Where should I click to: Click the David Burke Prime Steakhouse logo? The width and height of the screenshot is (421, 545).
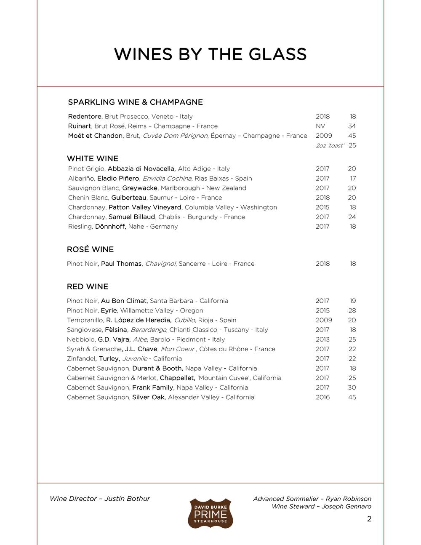click(210, 513)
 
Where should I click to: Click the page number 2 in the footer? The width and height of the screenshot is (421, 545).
click(369, 519)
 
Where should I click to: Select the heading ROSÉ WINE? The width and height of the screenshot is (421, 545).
click(90, 249)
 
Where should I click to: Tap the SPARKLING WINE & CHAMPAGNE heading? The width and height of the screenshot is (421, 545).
click(135, 102)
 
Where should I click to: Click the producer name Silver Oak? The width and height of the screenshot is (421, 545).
click(149, 397)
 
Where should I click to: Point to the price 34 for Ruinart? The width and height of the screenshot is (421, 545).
click(352, 126)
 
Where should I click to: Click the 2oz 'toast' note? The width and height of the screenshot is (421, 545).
click(330, 145)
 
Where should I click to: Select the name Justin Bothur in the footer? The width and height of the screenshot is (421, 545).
click(127, 499)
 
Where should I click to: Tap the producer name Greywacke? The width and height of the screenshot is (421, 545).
click(140, 188)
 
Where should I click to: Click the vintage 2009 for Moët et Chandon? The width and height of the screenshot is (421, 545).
click(324, 136)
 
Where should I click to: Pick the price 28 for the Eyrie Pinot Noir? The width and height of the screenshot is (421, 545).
click(352, 310)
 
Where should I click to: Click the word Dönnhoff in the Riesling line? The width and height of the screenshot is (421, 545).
click(110, 227)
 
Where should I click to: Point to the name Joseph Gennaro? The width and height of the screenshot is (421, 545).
click(346, 506)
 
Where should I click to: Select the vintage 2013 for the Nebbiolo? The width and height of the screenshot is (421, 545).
click(322, 339)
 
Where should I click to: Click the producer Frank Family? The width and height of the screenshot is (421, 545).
click(153, 387)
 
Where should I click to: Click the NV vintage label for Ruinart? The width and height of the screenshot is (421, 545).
click(320, 126)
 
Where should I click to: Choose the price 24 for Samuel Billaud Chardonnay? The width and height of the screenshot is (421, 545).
click(352, 217)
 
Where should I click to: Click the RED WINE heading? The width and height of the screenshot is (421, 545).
click(88, 287)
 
